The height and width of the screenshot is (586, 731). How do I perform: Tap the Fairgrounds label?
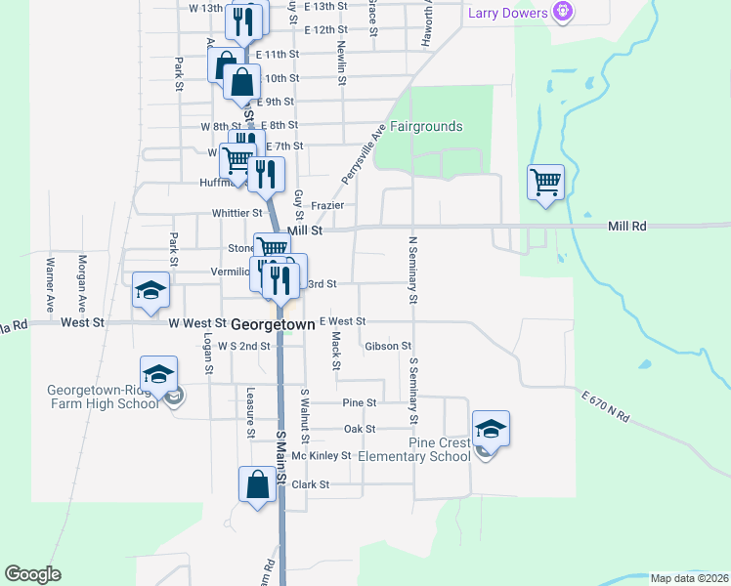pyautogui.click(x=426, y=127)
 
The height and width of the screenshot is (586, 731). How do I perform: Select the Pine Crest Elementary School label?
pyautogui.click(x=413, y=449)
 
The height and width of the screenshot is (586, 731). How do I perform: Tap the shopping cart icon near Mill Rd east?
pyautogui.click(x=545, y=182)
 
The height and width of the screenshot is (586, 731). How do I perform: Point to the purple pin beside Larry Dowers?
pyautogui.click(x=562, y=13)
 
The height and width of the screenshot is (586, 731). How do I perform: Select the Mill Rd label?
pyautogui.click(x=626, y=226)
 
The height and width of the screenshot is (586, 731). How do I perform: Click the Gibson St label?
pyautogui.click(x=387, y=346)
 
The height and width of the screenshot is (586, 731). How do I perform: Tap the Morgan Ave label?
pyautogui.click(x=82, y=277)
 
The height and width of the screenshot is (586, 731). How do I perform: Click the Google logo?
pyautogui.click(x=32, y=574)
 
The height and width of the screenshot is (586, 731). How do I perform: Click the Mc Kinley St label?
pyautogui.click(x=321, y=456)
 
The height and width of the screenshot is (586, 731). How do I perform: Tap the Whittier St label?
pyautogui.click(x=236, y=213)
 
